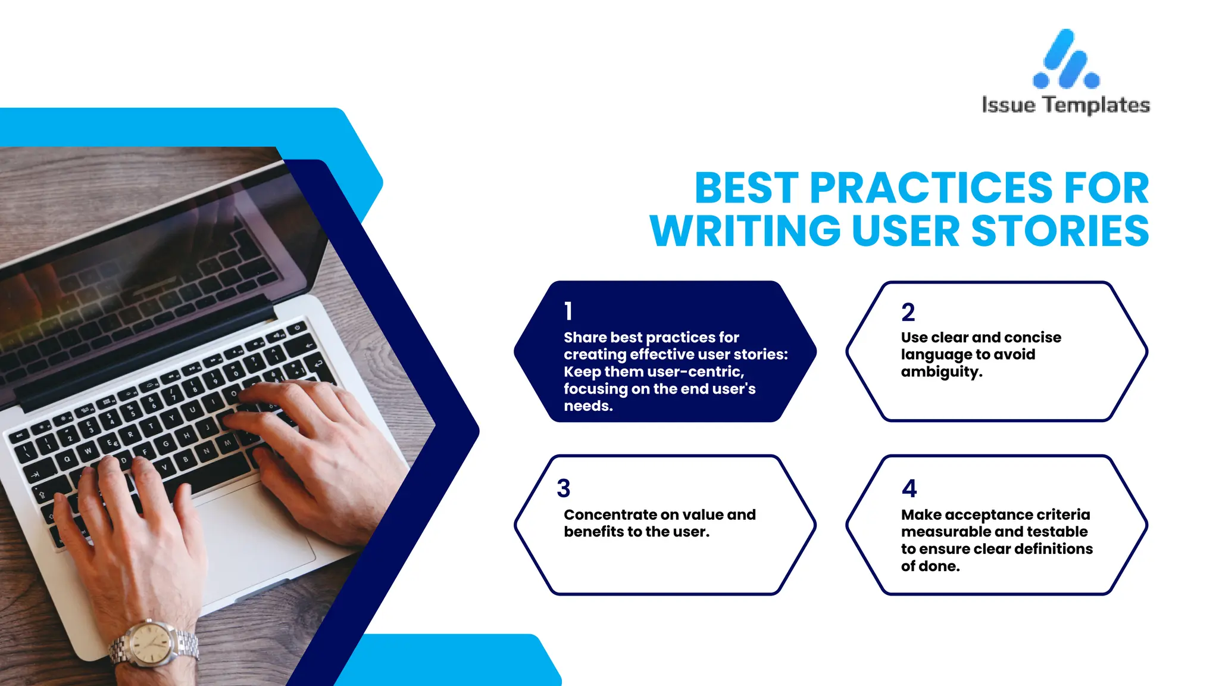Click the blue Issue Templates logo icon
click(1066, 60)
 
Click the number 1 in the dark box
click(568, 311)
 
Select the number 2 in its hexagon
click(908, 312)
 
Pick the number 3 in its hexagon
click(563, 488)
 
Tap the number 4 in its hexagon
click(909, 488)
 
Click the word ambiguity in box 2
click(941, 372)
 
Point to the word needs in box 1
click(587, 406)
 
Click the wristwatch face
click(152, 643)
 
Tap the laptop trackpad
click(256, 536)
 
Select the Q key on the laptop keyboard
click(67, 459)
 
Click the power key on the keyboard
click(297, 328)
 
